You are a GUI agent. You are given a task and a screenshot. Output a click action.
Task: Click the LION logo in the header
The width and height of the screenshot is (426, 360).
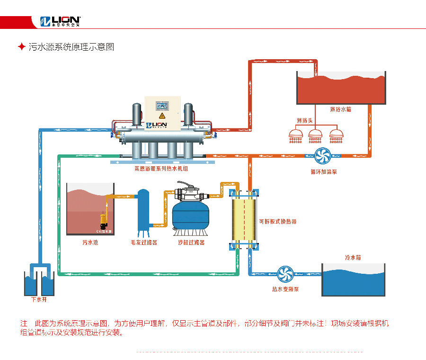click(x=60, y=21)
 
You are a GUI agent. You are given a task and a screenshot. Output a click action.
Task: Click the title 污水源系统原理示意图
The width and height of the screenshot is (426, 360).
click(x=71, y=47)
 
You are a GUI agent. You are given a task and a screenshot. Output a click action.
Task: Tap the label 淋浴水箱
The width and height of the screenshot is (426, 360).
click(x=340, y=109)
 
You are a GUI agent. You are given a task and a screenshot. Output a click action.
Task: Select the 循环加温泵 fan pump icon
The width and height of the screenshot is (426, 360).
click(x=325, y=155)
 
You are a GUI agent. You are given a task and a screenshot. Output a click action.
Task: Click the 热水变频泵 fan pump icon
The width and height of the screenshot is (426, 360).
click(x=285, y=274)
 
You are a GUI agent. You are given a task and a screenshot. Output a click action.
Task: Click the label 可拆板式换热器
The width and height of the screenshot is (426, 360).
click(x=278, y=221)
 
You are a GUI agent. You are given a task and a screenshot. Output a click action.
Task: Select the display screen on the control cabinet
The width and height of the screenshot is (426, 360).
click(x=162, y=105)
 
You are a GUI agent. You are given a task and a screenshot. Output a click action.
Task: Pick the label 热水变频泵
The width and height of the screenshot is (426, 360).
click(x=284, y=289)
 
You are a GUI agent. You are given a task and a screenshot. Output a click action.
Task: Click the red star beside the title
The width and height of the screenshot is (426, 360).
click(x=21, y=47)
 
